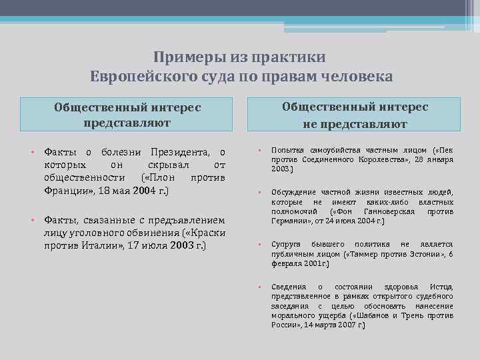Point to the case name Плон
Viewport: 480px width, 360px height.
point(161,178)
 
